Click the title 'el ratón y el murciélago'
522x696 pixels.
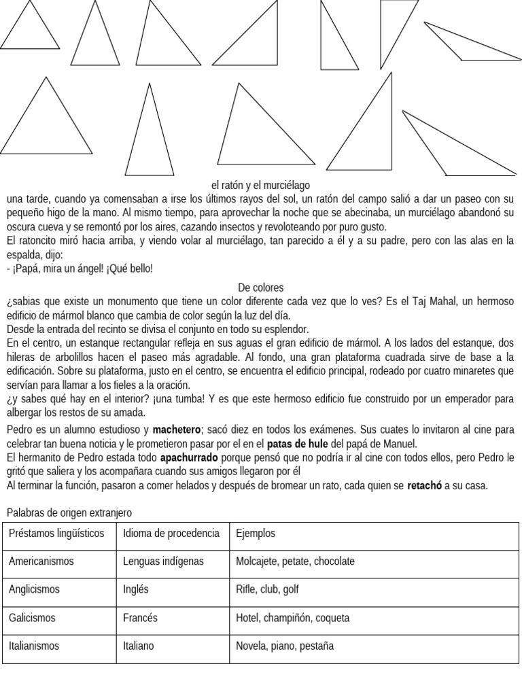(x=261, y=185)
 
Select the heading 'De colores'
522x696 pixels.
(x=261, y=288)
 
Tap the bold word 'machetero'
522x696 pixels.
(x=177, y=430)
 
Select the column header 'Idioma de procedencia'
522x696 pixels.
(x=171, y=534)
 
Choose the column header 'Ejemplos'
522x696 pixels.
(x=256, y=534)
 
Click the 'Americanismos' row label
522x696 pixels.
(x=41, y=561)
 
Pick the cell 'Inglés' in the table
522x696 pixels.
(x=135, y=589)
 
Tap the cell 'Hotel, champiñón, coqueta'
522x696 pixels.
(x=292, y=618)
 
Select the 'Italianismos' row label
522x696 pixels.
(x=34, y=646)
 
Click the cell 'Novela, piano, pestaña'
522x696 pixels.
(x=285, y=646)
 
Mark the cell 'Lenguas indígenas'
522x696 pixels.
(x=162, y=561)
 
